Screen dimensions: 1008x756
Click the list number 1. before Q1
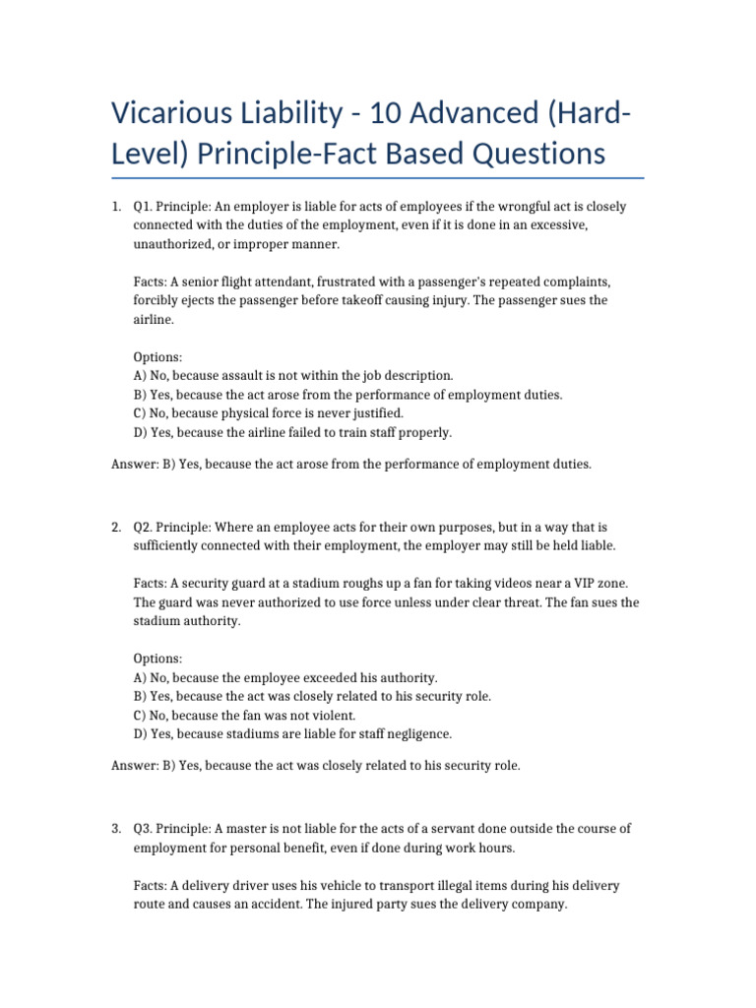point(116,208)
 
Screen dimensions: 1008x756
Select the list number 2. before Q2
point(116,528)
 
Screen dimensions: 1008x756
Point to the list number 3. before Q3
point(116,829)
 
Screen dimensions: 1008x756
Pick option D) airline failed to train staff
point(292,431)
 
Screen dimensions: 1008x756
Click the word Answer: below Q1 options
point(133,464)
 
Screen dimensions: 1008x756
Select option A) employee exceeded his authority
point(284,677)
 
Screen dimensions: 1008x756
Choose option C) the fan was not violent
point(258,715)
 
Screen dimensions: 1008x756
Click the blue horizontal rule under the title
point(378,178)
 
